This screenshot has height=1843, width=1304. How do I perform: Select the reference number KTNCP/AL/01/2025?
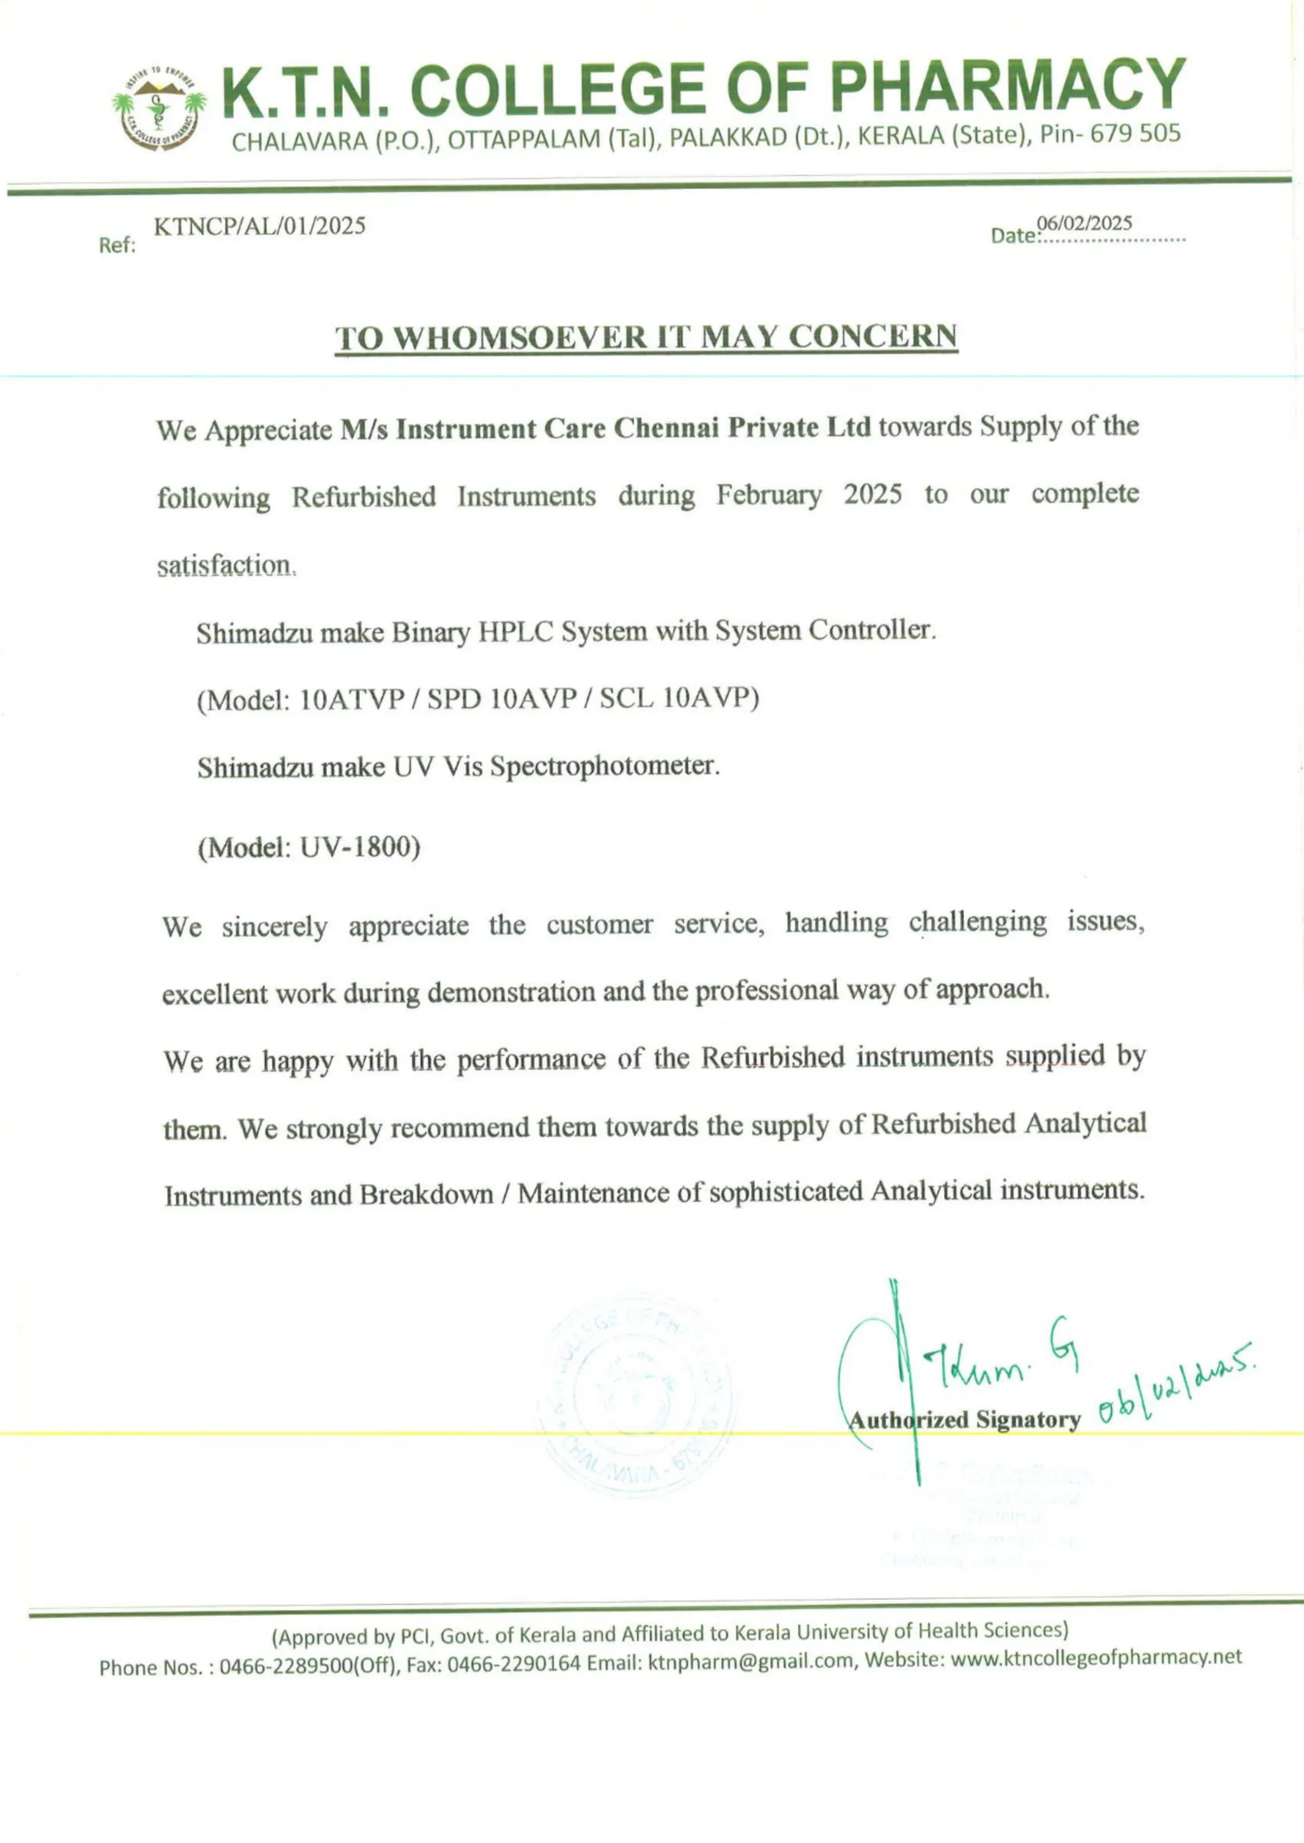click(259, 226)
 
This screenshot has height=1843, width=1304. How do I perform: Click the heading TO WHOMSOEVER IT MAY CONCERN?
click(647, 337)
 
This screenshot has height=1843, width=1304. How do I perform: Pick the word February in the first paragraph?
click(768, 495)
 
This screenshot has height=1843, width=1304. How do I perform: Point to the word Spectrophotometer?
click(604, 767)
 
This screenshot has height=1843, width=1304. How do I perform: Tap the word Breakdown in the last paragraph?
click(426, 1194)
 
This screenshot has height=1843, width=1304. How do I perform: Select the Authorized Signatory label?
click(964, 1419)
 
